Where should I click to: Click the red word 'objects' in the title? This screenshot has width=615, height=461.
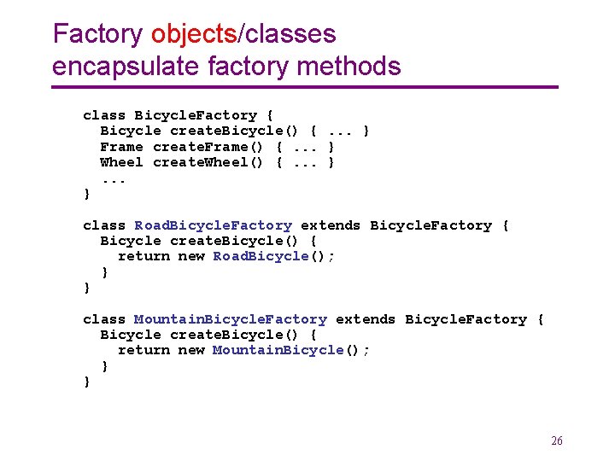click(x=194, y=34)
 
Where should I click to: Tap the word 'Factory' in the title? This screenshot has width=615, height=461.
click(x=97, y=34)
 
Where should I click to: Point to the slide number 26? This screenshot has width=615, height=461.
click(x=557, y=441)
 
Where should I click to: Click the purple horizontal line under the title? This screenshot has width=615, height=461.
click(x=304, y=87)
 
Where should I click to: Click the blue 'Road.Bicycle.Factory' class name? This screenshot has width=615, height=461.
click(x=213, y=225)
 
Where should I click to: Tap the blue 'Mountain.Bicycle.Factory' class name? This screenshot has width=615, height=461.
click(x=231, y=319)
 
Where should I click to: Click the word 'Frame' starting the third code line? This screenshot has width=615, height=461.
click(x=121, y=147)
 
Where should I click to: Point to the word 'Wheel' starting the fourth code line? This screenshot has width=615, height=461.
click(x=121, y=162)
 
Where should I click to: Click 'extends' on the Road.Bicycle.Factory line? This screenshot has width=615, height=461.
click(x=331, y=225)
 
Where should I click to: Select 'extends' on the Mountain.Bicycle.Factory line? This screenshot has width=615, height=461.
click(x=366, y=319)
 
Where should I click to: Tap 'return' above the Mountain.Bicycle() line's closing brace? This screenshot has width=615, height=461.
click(x=143, y=350)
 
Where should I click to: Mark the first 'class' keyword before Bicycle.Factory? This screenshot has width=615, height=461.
click(x=104, y=115)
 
